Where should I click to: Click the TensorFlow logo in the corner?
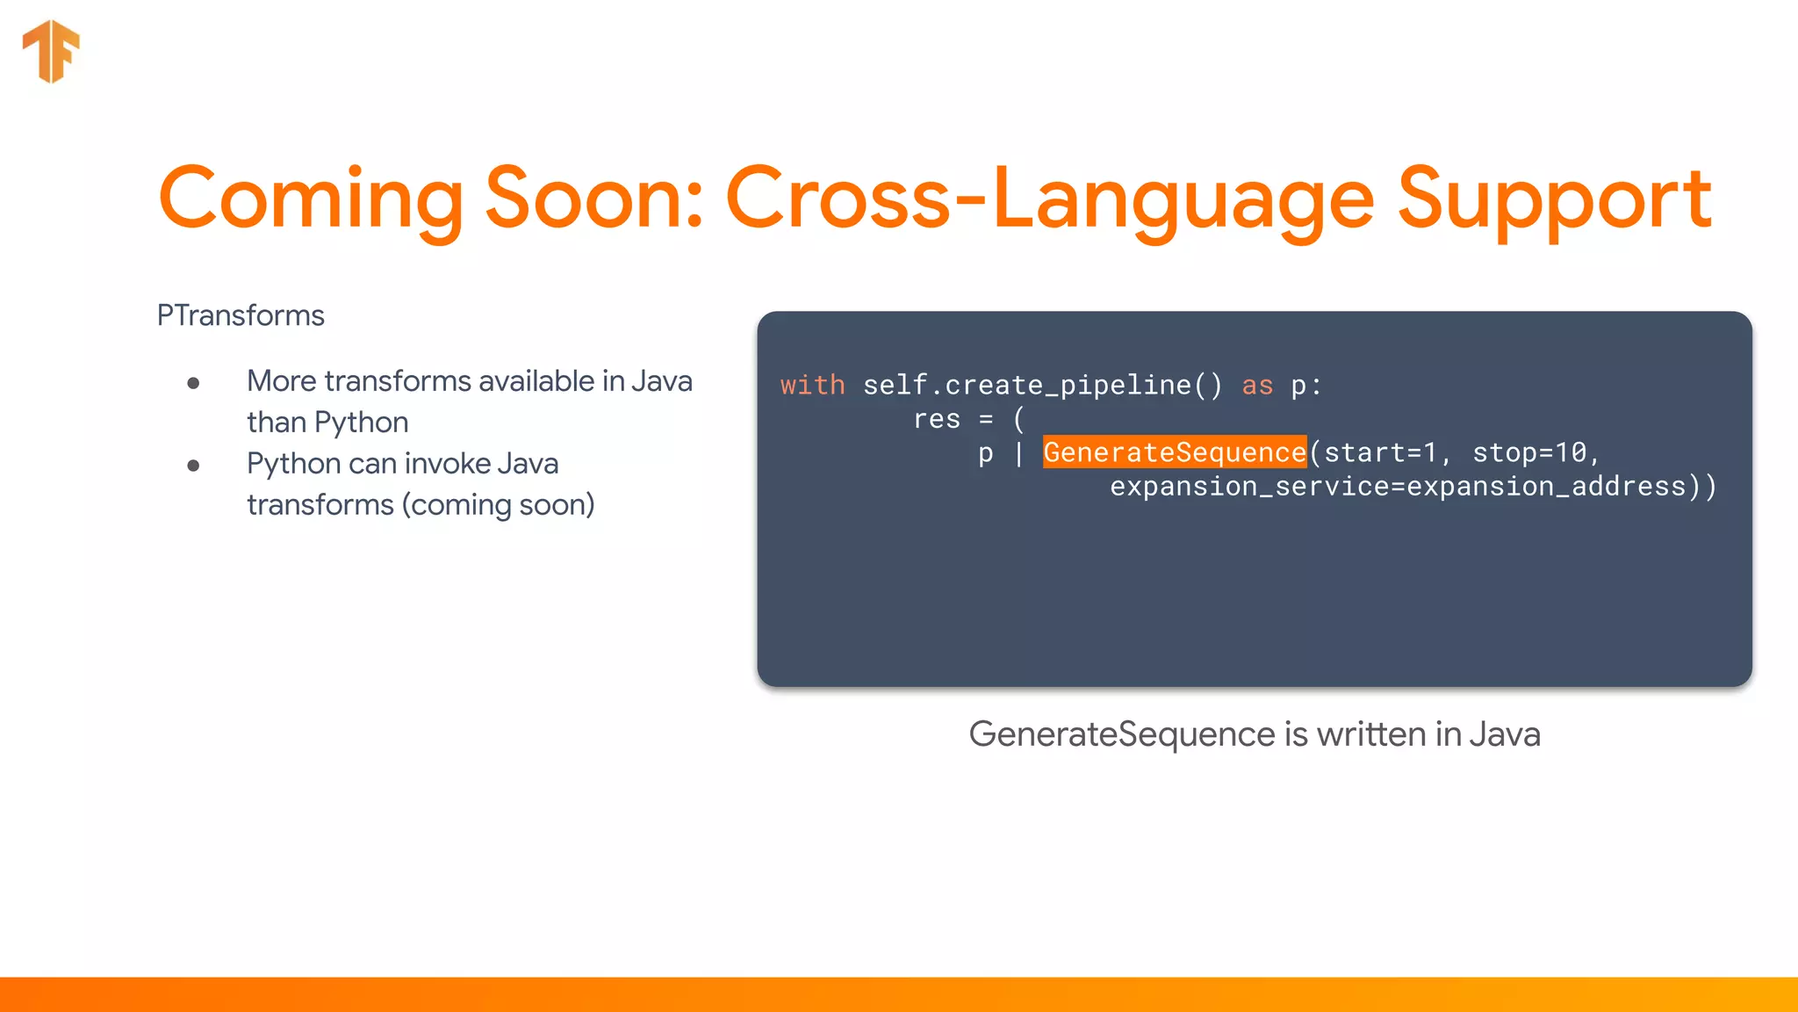pos(51,51)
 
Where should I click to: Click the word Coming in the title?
pos(311,200)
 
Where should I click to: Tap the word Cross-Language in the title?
pos(1049,200)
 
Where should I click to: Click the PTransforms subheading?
pos(241,315)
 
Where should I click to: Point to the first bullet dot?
pos(193,383)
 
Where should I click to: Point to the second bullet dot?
pos(193,466)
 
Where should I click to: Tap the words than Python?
pos(327,423)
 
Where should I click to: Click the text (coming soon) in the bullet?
pos(498,505)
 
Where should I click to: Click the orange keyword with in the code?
pos(812,386)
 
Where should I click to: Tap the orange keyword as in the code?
pos(1257,386)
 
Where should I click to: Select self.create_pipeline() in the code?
pos(1042,386)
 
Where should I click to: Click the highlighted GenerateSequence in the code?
pos(1174,452)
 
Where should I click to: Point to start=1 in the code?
pos(1380,452)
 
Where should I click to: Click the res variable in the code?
pos(937,419)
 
